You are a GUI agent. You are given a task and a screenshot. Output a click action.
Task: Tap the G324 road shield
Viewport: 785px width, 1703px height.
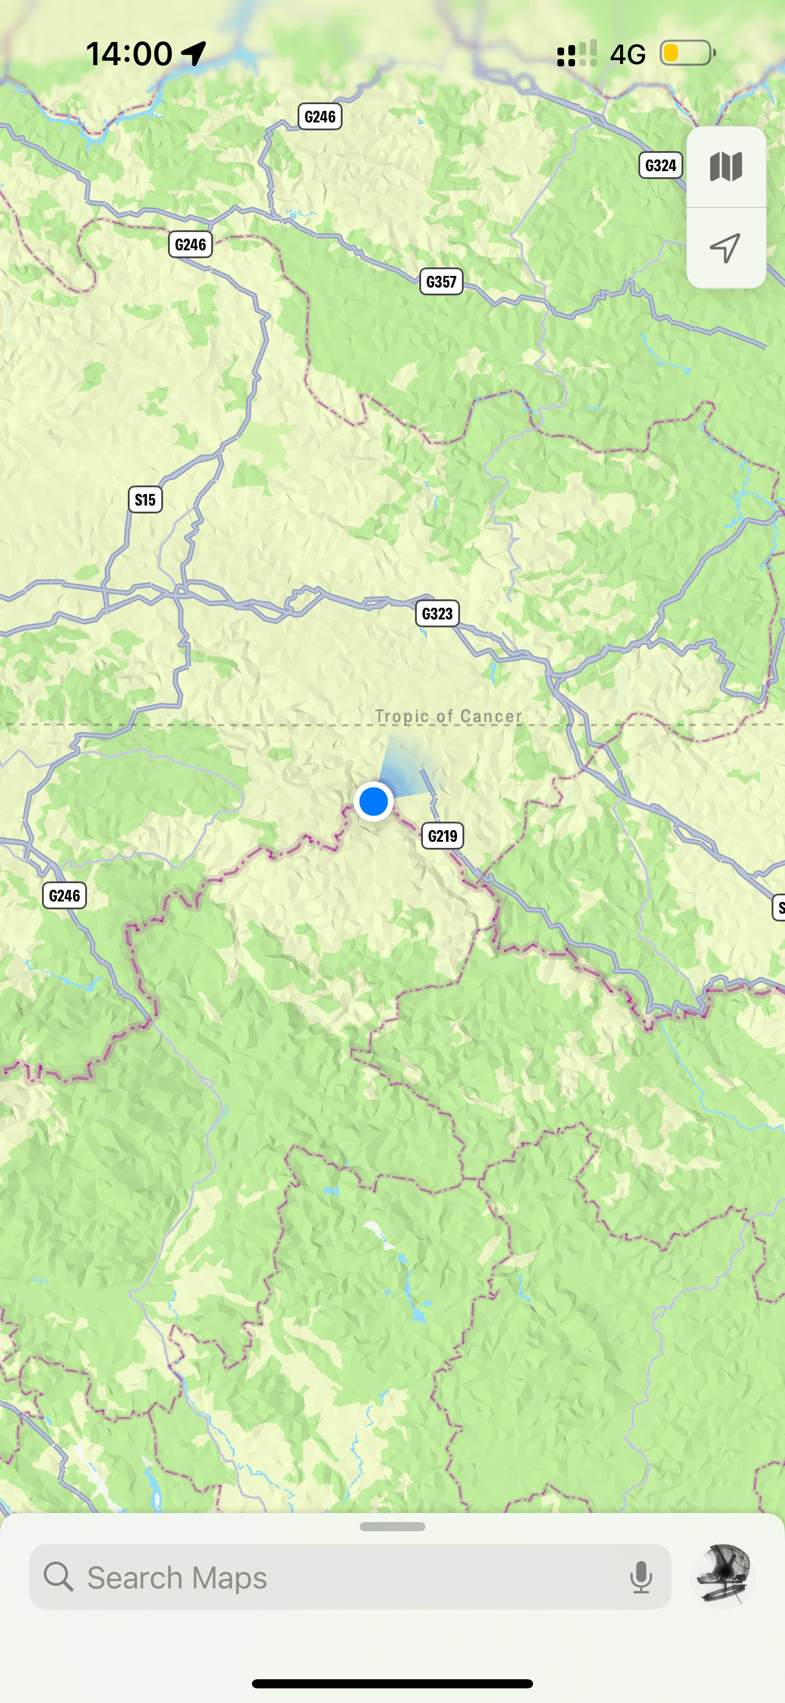660,165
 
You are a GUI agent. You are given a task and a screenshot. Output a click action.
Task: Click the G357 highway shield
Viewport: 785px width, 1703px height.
441,281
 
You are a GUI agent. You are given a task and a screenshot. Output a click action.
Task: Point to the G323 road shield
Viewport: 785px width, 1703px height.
437,613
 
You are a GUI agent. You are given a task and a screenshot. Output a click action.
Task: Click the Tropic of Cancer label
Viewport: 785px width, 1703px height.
448,716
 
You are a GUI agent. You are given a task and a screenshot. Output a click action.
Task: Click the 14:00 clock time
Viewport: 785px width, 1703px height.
129,54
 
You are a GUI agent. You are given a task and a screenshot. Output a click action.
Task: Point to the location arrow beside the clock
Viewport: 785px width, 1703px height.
194,54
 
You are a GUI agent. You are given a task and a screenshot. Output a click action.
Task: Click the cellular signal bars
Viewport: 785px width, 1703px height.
577,54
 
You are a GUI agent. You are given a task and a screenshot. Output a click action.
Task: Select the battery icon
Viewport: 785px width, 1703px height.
687,53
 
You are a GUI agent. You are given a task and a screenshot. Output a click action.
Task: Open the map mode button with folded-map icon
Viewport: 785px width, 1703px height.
726,167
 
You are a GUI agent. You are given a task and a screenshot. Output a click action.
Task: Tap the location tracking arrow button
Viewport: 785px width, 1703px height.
725,248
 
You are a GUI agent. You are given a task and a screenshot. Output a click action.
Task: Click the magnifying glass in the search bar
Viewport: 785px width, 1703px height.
58,1577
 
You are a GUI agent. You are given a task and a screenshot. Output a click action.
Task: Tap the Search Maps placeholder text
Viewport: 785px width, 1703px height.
177,1578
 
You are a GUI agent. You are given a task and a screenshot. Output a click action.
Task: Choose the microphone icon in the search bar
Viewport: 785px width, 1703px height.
640,1578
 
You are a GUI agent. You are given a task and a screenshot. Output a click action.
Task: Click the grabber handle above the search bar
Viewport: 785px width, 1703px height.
392,1526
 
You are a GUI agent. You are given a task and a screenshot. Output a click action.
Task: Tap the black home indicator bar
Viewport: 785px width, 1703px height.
392,1683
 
